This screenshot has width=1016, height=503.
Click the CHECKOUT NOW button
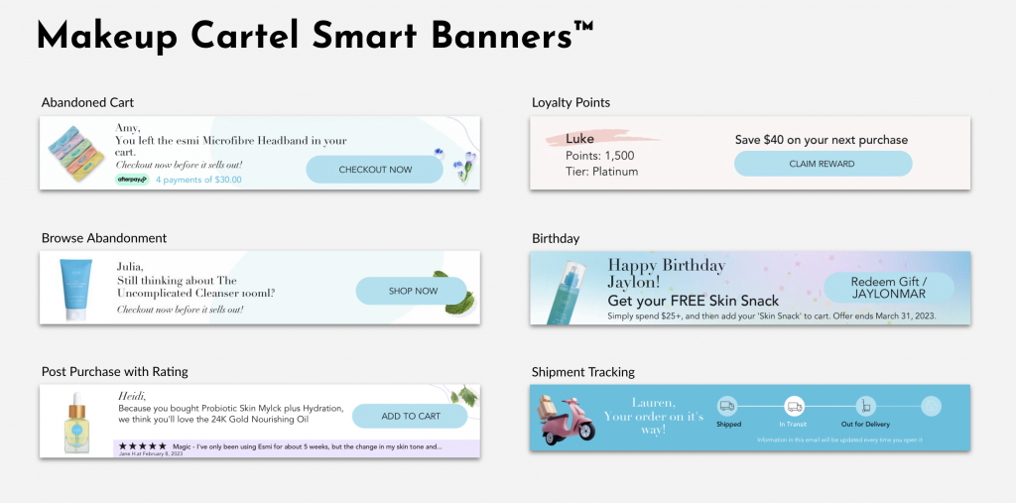point(375,170)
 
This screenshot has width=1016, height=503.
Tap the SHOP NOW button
point(412,291)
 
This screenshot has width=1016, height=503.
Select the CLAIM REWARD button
point(823,164)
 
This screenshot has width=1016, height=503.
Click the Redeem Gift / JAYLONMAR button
point(888,288)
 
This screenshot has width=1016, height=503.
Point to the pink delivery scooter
point(569,418)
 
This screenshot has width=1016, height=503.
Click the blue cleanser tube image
point(75,288)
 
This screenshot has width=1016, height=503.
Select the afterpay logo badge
point(132,180)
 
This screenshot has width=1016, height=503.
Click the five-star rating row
point(142,446)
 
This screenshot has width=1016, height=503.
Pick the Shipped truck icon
point(727,406)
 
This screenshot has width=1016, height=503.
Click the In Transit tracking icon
point(794,406)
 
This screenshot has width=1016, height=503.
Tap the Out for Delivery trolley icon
point(864,406)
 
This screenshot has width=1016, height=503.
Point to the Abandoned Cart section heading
point(87,102)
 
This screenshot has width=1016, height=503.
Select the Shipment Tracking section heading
point(582,372)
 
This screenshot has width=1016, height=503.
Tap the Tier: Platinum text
point(601,172)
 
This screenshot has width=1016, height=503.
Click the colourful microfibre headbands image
point(75,154)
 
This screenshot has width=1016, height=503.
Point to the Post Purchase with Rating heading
point(114,372)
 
